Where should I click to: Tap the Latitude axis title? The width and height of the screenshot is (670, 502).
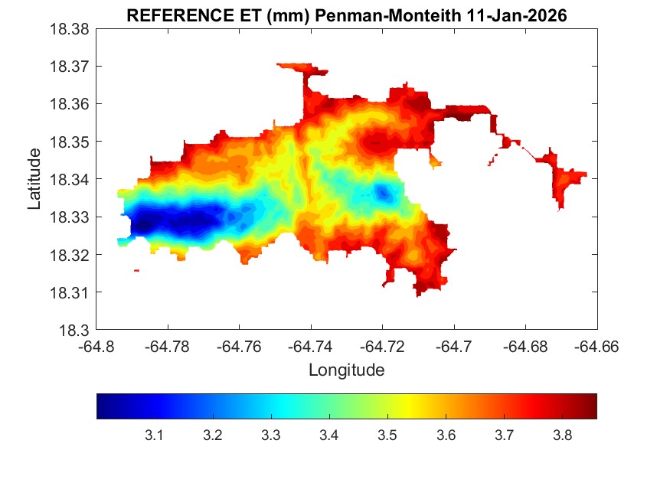[34, 180]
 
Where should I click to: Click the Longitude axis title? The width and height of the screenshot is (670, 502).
[346, 370]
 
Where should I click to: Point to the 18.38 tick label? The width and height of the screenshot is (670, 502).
[70, 29]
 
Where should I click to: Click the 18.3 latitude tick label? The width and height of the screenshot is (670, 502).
[76, 331]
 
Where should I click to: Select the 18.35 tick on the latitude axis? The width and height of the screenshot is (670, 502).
[70, 142]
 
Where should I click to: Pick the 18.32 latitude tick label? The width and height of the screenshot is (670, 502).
[70, 255]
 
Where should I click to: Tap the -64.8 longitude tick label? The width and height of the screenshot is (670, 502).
[97, 346]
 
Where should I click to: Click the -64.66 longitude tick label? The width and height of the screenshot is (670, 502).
[597, 346]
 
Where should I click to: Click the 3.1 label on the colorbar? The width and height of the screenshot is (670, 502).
[154, 435]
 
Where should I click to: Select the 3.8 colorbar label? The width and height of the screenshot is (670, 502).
[562, 435]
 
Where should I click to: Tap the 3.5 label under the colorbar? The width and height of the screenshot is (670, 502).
[387, 435]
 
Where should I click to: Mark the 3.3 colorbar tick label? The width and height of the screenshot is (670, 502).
[270, 435]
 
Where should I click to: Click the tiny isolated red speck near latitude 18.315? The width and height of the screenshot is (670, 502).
[136, 270]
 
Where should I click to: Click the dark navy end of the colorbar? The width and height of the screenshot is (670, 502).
[103, 406]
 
